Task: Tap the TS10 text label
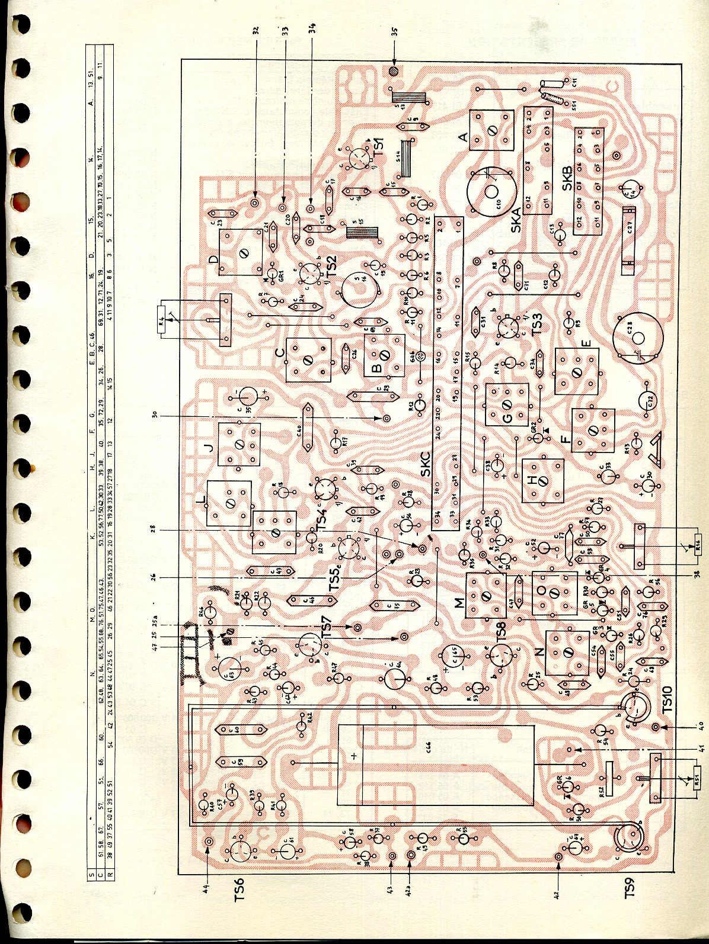tap(667, 701)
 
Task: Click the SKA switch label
tap(516, 219)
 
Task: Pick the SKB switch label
tap(567, 178)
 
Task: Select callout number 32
tap(256, 30)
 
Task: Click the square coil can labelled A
tap(491, 130)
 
